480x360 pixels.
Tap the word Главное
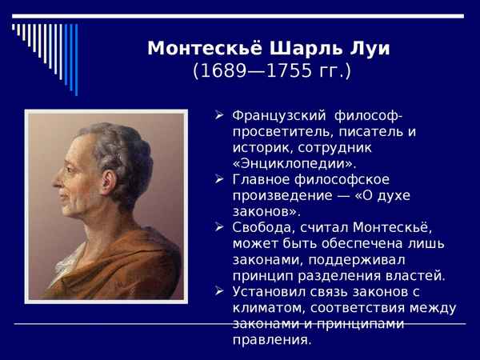tap(261, 179)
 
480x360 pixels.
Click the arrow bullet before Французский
tap(219, 115)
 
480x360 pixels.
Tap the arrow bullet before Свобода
tap(219, 227)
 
